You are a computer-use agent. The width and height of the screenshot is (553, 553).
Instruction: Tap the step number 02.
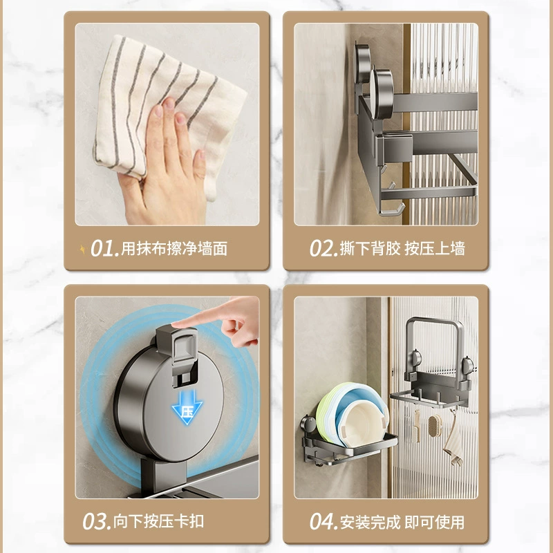click(324, 248)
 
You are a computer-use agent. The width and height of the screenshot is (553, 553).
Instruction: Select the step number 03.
click(96, 521)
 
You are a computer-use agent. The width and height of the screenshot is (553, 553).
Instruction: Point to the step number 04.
click(324, 521)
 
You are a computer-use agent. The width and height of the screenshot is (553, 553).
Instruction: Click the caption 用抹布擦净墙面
click(174, 249)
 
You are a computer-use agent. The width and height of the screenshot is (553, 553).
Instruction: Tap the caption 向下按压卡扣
click(159, 521)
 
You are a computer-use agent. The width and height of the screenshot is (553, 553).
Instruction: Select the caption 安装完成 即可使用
click(402, 522)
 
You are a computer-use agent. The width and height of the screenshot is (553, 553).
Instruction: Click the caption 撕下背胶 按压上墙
click(402, 249)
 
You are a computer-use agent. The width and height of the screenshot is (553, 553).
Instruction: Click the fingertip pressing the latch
click(176, 324)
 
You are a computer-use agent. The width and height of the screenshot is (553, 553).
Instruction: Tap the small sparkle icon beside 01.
click(82, 250)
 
